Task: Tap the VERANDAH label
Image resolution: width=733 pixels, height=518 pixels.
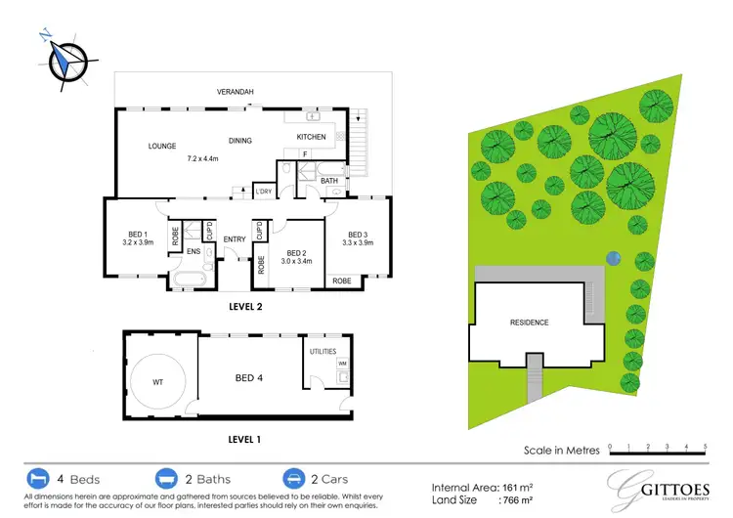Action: click(x=236, y=92)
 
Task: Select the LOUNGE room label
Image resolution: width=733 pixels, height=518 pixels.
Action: click(x=162, y=147)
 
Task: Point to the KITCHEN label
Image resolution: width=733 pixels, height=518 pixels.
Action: click(x=311, y=137)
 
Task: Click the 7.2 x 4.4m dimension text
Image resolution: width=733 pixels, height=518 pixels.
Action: click(x=202, y=158)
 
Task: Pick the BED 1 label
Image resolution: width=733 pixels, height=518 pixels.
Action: click(x=137, y=235)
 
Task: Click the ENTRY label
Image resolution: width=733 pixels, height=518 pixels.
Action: click(x=235, y=239)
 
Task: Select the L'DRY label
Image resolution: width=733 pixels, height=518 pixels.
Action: click(x=263, y=192)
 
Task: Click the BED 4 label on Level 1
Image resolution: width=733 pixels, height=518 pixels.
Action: click(x=248, y=378)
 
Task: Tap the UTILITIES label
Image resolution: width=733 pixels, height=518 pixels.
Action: click(x=323, y=351)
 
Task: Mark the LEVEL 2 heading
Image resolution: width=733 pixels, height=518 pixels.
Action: click(x=244, y=307)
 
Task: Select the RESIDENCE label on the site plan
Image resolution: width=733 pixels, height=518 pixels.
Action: click(x=529, y=323)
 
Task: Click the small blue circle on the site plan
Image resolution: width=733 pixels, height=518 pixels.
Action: click(x=613, y=258)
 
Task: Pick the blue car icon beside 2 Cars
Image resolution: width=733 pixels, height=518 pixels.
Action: click(x=291, y=479)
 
